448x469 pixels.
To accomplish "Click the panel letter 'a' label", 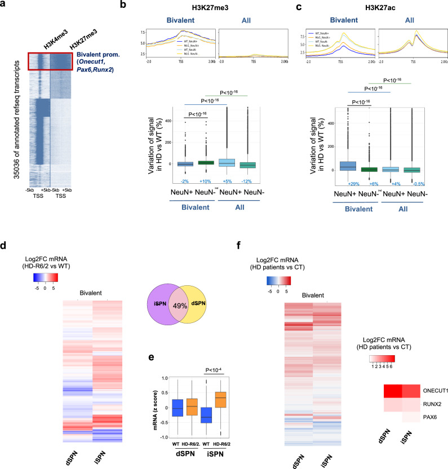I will (5, 5).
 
